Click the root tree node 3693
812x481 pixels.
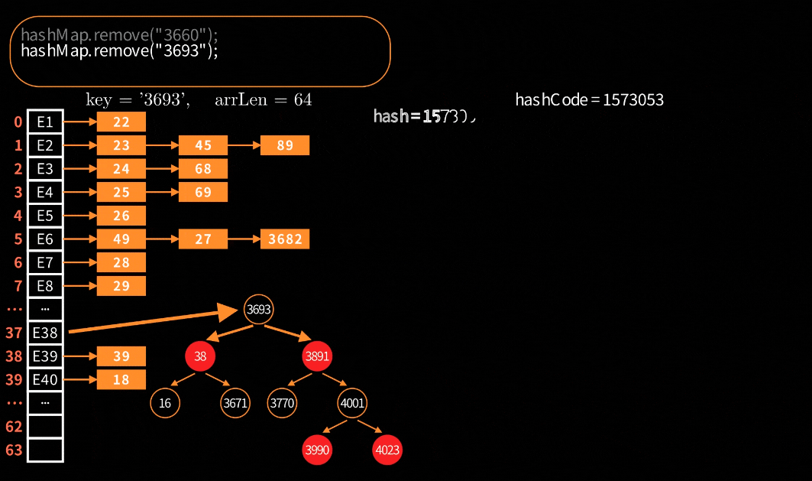coord(258,310)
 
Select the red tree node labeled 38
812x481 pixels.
coord(200,356)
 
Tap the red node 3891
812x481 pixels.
coord(317,356)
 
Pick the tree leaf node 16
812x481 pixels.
coord(165,403)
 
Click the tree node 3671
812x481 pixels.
coord(235,403)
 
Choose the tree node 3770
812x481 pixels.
coord(282,403)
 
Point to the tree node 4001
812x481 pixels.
coord(352,403)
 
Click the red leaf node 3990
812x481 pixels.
coord(317,450)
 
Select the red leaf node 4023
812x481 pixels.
coord(387,450)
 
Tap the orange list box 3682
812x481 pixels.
coord(285,239)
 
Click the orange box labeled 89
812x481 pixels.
coord(285,145)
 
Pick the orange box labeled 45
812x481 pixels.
coord(203,145)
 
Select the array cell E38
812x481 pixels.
coord(45,333)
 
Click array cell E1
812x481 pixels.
coord(45,122)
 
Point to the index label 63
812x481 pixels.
coord(14,450)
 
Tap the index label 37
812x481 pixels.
coord(14,333)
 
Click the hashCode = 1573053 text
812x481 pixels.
coord(589,99)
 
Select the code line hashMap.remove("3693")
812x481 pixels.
coord(119,51)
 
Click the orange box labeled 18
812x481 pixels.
coord(121,379)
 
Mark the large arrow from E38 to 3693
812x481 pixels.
coord(153,321)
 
